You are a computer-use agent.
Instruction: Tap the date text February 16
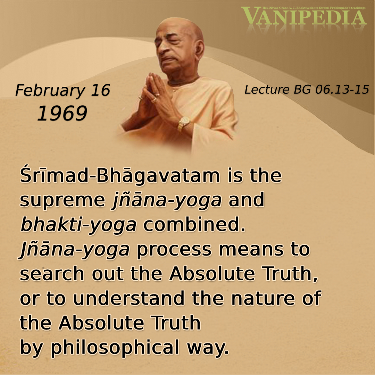point(62,91)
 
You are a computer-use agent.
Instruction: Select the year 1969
point(62,113)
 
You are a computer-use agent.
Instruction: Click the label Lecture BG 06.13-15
point(307,90)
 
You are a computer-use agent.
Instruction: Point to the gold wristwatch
point(183,123)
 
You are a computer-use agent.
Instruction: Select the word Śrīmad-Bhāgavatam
point(120,176)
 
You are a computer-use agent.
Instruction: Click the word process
point(174,250)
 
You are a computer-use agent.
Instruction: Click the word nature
point(263,299)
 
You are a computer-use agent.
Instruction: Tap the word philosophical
point(115,347)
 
